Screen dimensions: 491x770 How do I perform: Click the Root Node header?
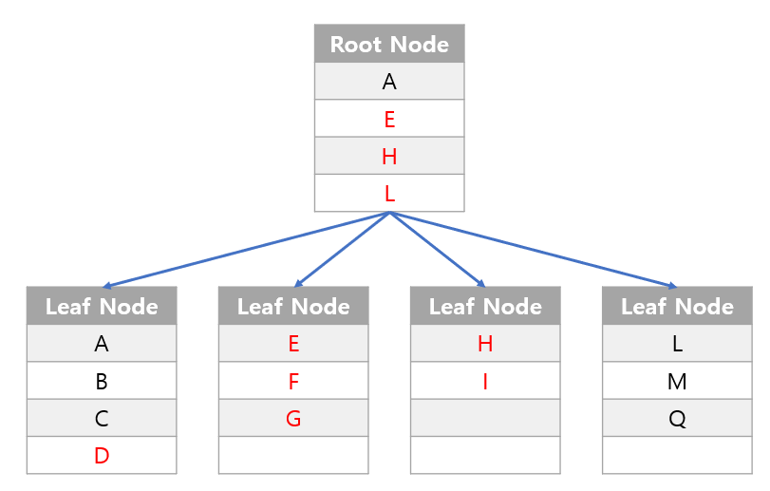pyautogui.click(x=389, y=44)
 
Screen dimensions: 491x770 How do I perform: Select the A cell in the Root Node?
pyautogui.click(x=389, y=82)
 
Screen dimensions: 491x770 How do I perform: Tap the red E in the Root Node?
pyautogui.click(x=389, y=119)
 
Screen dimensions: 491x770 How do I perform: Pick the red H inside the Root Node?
pyautogui.click(x=389, y=156)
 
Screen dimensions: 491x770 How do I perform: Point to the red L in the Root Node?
pyautogui.click(x=389, y=193)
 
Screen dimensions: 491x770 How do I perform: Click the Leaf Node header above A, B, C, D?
pyautogui.click(x=102, y=306)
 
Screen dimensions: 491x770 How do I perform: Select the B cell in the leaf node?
pyautogui.click(x=102, y=381)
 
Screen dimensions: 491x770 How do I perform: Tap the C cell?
pyautogui.click(x=102, y=418)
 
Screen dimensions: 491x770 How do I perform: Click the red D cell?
pyautogui.click(x=102, y=455)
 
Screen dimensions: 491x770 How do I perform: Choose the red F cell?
pyautogui.click(x=293, y=381)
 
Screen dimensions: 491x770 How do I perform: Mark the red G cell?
pyautogui.click(x=293, y=418)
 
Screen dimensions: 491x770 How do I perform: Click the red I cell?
pyautogui.click(x=485, y=381)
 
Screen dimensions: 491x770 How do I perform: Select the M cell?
pyautogui.click(x=677, y=381)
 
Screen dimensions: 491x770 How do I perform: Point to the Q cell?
pyautogui.click(x=677, y=418)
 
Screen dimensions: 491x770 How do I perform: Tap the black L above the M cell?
pyautogui.click(x=677, y=344)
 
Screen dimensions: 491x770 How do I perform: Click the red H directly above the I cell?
pyautogui.click(x=485, y=344)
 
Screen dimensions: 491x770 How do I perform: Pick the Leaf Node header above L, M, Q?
pyautogui.click(x=677, y=306)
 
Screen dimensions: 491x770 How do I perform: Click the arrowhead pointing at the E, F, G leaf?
pyautogui.click(x=298, y=283)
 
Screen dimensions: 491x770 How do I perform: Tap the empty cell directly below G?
pyautogui.click(x=293, y=455)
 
